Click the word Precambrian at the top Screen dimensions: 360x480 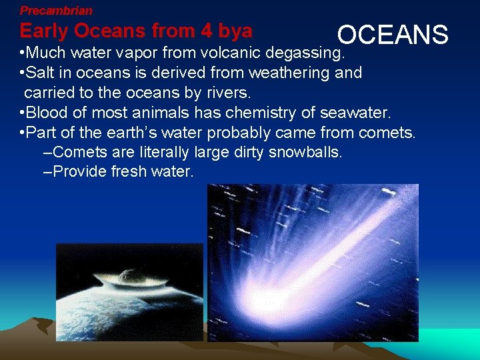click(56, 11)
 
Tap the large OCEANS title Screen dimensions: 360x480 click(393, 35)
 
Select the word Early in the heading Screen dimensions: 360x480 click(45, 31)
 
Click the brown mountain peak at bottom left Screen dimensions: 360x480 click(34, 321)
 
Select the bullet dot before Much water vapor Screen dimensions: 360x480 click(23, 53)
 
